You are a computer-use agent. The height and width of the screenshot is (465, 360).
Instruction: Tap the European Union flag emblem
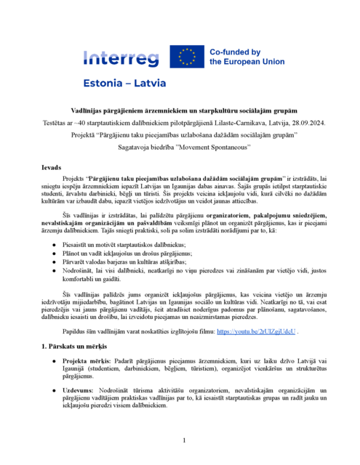pyautogui.click(x=187, y=57)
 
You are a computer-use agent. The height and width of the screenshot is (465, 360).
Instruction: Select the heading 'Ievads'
pyautogui.click(x=52, y=167)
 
